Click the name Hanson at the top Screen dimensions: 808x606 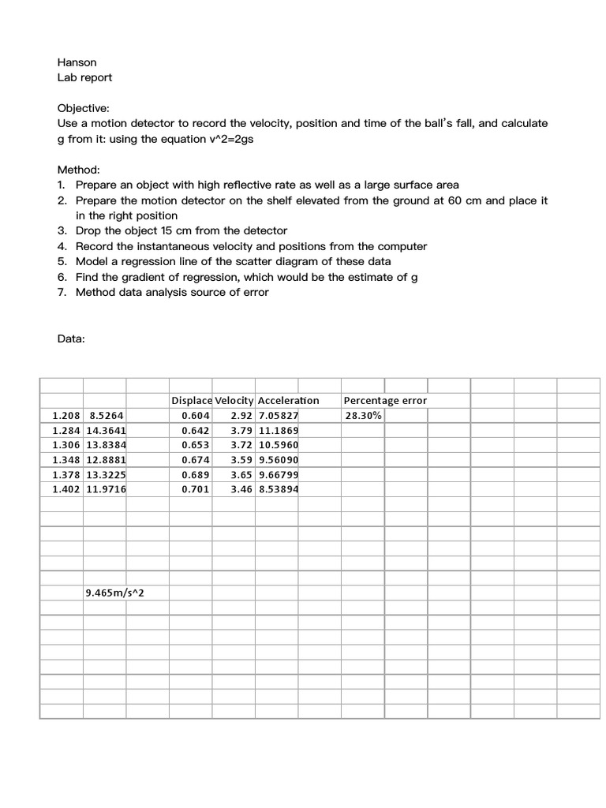(77, 62)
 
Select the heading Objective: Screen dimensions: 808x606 (84, 108)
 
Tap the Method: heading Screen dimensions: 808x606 (79, 170)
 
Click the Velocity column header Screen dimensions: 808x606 (234, 401)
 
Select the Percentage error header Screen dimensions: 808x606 (385, 401)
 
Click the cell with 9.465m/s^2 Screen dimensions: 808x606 (115, 593)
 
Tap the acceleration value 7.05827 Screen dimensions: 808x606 (278, 416)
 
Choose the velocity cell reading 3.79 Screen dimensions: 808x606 (241, 431)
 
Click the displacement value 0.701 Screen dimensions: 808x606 (195, 489)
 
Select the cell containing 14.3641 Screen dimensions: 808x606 (107, 431)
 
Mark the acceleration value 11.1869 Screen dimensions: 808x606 (278, 431)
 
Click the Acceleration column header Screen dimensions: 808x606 (288, 401)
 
